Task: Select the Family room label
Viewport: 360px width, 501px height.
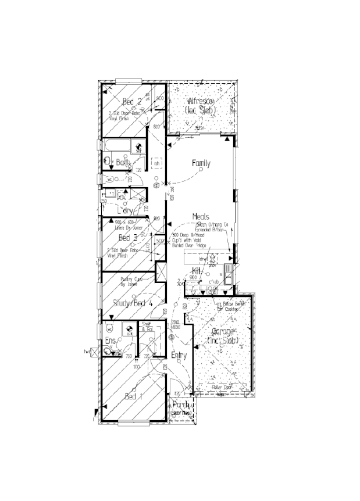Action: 201,164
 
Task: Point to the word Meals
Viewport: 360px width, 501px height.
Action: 201,216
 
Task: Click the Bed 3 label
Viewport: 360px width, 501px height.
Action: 128,238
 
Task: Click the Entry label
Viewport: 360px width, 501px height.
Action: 179,355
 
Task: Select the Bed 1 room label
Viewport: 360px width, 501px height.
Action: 133,396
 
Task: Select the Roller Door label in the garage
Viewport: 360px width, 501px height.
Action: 222,387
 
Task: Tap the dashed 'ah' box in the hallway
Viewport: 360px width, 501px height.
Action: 156,164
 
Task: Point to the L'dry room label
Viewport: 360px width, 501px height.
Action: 126,210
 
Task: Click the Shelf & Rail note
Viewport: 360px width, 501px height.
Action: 146,328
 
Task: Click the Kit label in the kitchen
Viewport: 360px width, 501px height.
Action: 197,271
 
